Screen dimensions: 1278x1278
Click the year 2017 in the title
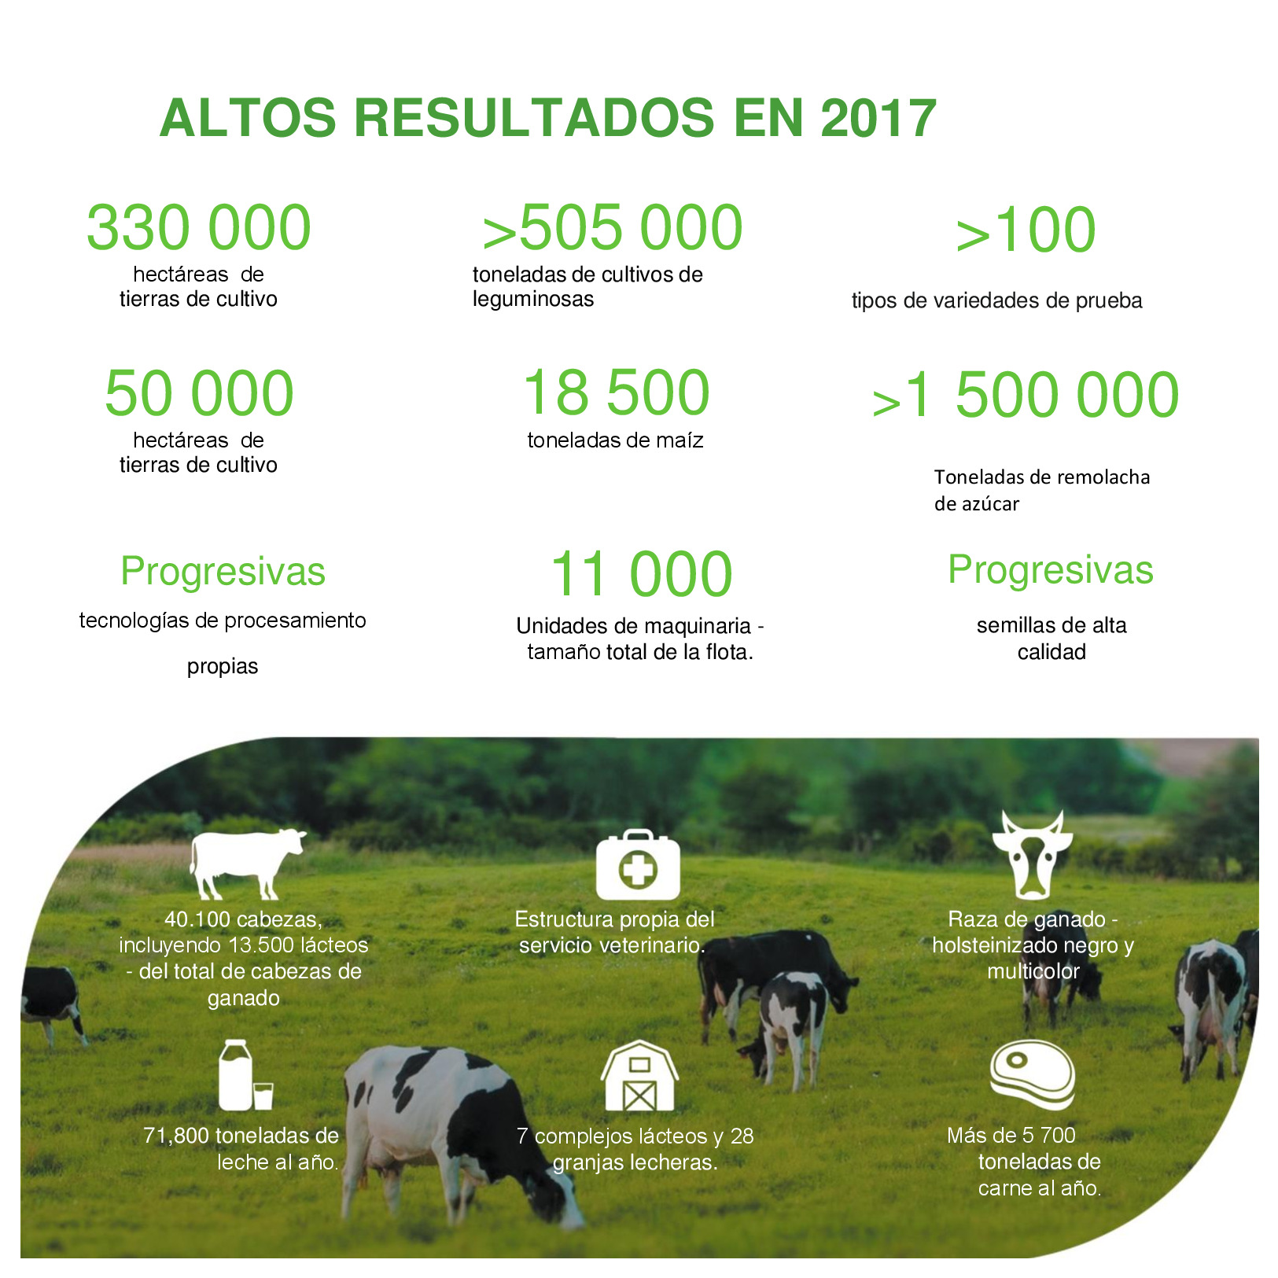878,118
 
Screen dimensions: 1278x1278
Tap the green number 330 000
199,227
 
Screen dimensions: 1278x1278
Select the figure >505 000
613,227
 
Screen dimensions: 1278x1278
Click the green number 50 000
199,393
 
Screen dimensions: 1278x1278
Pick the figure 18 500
617,392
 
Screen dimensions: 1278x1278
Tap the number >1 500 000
1026,395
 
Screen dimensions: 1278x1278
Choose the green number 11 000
641,574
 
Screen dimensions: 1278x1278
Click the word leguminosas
533,300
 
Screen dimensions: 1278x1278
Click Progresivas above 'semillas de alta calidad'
1051,569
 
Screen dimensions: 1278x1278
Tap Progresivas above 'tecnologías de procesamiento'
223,571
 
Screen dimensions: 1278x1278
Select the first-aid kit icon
638,864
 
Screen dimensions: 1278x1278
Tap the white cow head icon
1031,855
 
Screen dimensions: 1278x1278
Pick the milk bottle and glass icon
245,1075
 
